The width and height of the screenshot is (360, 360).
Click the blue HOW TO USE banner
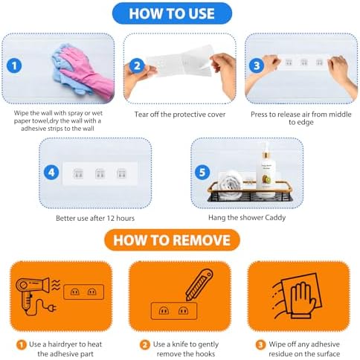point(172,13)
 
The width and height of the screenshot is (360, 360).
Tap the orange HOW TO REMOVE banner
point(172,240)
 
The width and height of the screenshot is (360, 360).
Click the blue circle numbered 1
point(14,65)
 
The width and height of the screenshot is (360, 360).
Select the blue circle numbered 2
point(137,66)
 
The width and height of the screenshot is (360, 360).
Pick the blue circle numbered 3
point(257,65)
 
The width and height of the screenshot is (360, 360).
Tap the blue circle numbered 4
point(51,173)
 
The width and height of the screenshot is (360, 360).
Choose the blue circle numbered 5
point(202,173)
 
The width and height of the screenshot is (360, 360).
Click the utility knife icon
point(199,285)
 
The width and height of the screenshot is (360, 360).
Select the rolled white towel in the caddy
point(231,184)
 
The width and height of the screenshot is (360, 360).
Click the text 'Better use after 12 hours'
point(95,218)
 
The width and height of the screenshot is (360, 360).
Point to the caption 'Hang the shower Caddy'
point(247,218)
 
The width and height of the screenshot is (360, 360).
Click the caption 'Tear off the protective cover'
point(180,115)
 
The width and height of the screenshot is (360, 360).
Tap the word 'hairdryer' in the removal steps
point(62,344)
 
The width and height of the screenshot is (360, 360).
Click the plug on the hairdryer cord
point(52,308)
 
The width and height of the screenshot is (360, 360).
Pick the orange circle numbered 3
point(260,345)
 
